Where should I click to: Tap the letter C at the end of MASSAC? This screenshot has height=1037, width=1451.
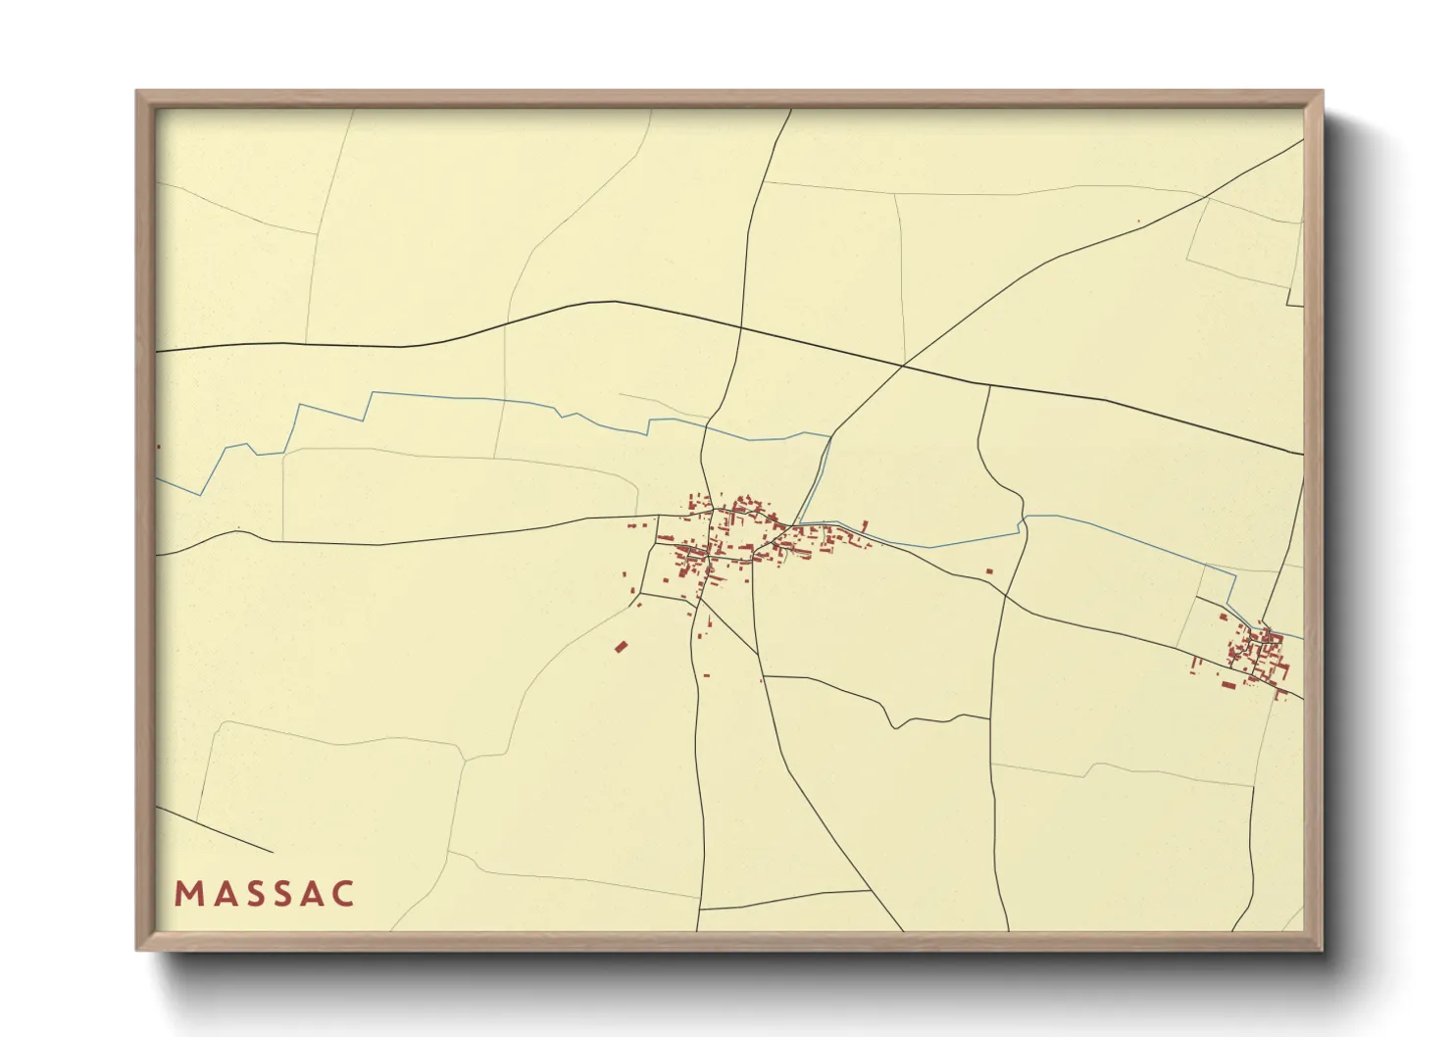click(342, 894)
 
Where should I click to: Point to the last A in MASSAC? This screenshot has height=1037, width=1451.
click(312, 894)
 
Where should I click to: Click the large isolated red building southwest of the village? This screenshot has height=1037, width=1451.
click(621, 647)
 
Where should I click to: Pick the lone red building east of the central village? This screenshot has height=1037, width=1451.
click(989, 570)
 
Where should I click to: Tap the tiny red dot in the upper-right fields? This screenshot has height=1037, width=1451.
click(1138, 222)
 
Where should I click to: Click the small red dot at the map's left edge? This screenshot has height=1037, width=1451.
click(158, 447)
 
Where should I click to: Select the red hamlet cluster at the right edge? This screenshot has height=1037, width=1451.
click(1256, 655)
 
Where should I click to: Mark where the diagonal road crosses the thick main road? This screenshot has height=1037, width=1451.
click(902, 367)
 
